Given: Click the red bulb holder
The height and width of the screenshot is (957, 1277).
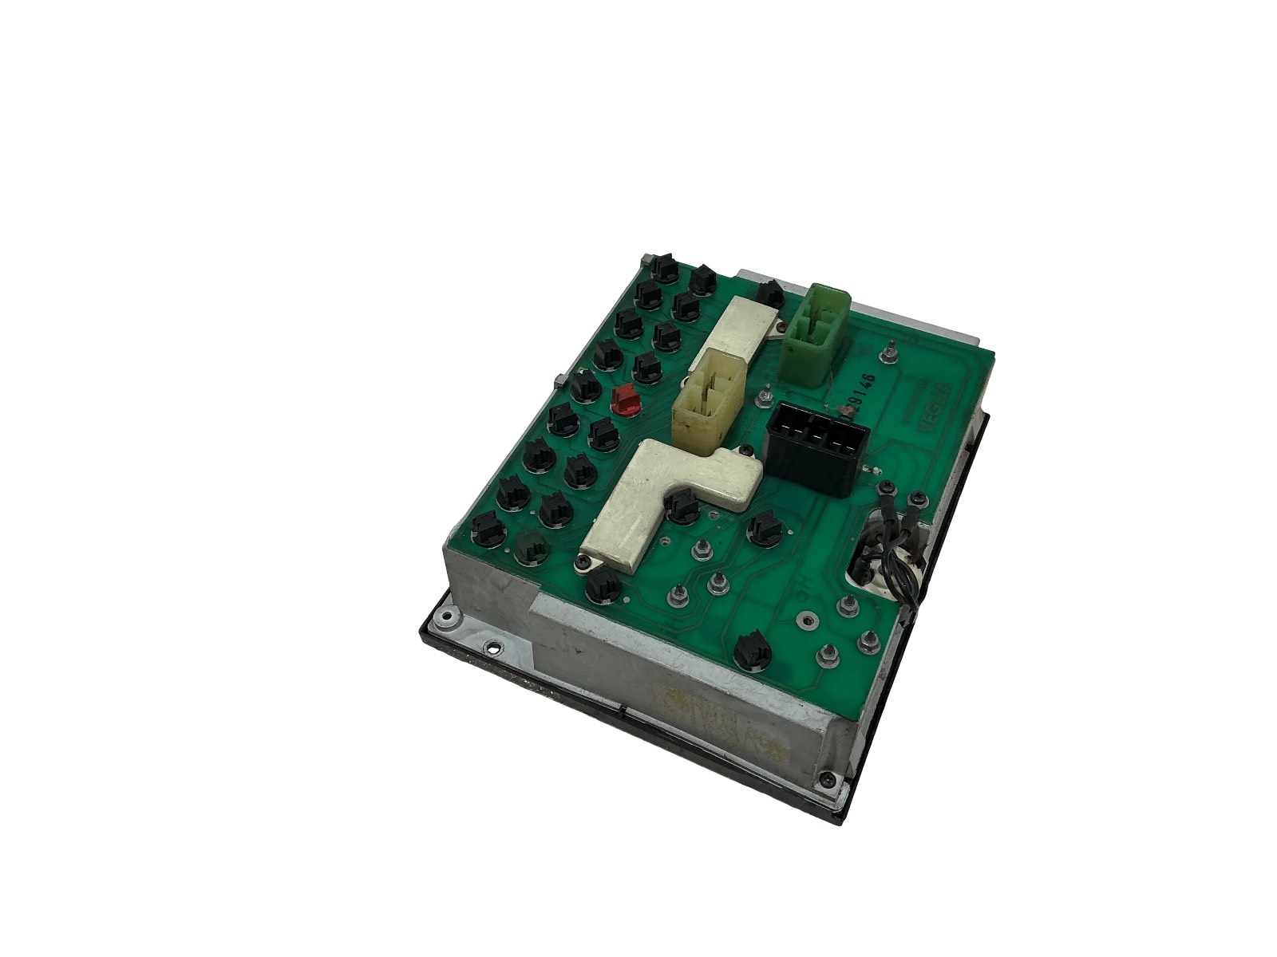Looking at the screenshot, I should point(626,400).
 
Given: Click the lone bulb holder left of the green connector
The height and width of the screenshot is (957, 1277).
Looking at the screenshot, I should point(769,293).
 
